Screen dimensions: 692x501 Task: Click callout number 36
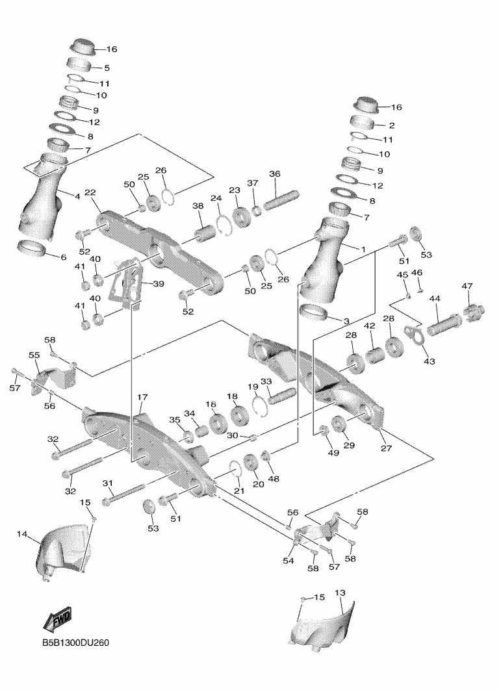click(x=274, y=174)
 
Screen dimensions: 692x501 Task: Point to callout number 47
click(x=467, y=287)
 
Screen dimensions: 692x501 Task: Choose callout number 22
click(x=90, y=192)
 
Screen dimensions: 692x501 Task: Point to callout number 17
click(x=142, y=396)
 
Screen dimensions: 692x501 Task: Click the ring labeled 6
click(x=31, y=248)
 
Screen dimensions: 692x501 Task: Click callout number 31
click(x=108, y=483)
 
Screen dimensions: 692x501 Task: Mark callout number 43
click(x=429, y=361)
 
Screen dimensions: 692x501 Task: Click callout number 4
click(x=77, y=196)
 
